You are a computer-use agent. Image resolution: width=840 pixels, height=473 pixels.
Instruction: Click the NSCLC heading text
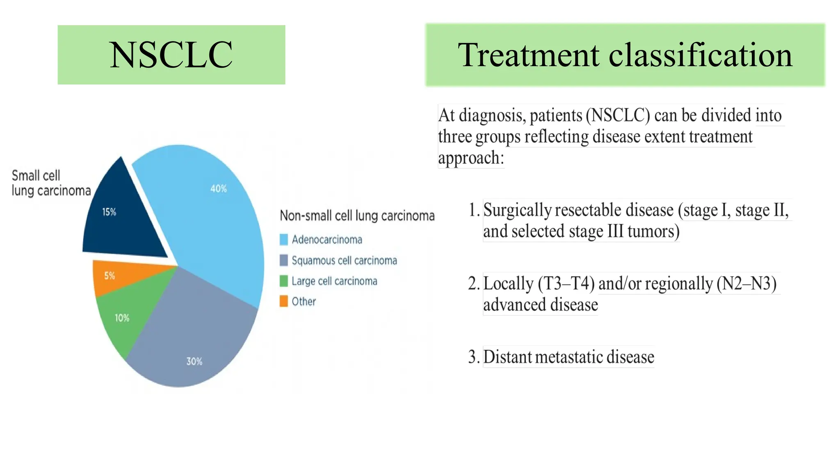point(171,55)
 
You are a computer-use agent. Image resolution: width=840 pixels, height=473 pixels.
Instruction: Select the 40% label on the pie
point(218,189)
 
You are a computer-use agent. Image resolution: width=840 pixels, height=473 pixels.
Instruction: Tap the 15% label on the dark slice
point(109,212)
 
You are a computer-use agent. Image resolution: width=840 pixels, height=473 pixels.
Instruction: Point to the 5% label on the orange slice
point(109,276)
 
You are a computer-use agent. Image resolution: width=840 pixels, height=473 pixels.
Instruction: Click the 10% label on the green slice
point(122,318)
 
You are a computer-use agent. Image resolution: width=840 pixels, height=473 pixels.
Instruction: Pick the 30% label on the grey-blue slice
point(194,361)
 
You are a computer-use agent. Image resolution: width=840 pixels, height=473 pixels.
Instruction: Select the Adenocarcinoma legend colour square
point(283,239)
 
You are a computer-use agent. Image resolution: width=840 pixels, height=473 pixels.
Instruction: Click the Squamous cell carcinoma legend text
point(344,261)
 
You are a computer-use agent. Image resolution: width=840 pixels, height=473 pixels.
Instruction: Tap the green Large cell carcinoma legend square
point(283,281)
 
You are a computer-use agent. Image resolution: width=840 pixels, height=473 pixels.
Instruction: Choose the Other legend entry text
point(304,302)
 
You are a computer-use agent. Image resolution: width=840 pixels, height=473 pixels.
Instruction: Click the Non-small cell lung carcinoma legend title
point(357,216)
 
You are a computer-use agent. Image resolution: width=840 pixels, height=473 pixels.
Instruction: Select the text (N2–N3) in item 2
point(746,284)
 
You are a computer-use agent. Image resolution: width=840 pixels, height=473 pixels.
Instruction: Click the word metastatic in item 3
point(568,357)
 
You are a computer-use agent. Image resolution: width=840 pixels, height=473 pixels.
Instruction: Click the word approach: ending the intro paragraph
point(471,158)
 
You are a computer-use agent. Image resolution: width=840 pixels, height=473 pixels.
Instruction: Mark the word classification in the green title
point(700,55)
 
